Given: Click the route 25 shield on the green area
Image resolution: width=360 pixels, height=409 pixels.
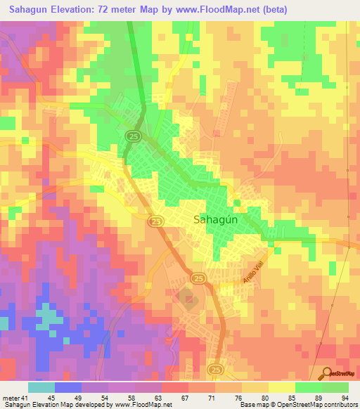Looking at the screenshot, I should [131, 135].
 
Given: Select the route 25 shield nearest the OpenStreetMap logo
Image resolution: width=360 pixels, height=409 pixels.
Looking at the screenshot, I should [216, 369].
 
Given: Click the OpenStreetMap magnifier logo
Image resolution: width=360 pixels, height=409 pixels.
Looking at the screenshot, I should [326, 372].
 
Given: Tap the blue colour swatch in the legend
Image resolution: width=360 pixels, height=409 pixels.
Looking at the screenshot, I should [68, 387].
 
